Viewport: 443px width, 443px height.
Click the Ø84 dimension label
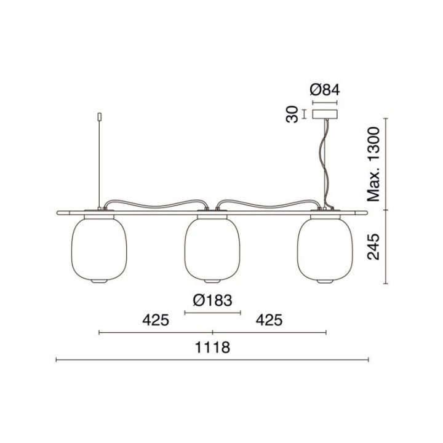(325, 90)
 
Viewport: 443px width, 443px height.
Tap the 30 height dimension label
(292, 114)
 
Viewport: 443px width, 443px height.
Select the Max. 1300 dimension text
(373, 164)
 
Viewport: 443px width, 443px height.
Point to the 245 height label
(373, 247)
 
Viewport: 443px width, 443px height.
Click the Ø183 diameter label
(212, 300)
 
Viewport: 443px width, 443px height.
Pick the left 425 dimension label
(156, 321)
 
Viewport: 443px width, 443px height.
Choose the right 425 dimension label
(269, 321)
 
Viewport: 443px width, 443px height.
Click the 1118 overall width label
(212, 348)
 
